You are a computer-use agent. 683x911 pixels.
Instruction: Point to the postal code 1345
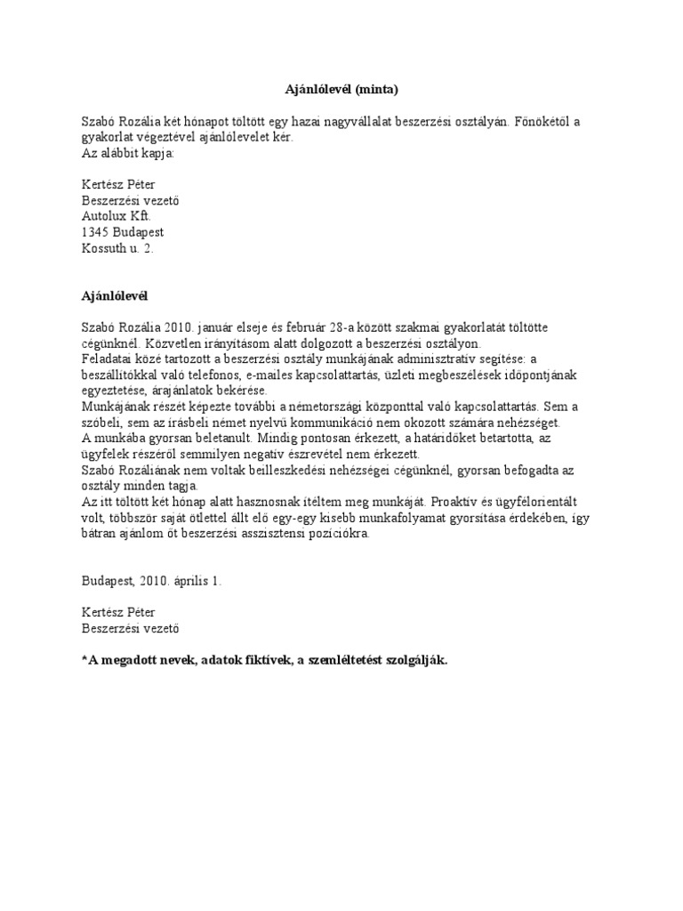click(x=95, y=232)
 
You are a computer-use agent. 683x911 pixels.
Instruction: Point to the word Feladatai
click(x=108, y=359)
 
